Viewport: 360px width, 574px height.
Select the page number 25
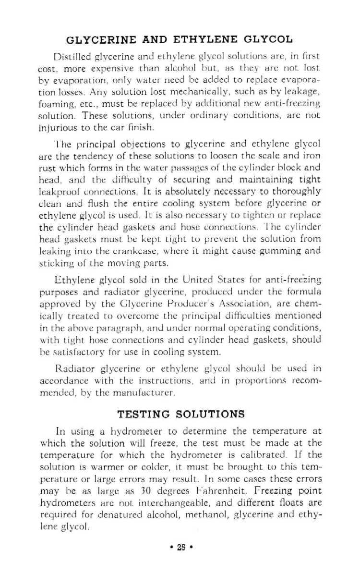pos(180,546)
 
